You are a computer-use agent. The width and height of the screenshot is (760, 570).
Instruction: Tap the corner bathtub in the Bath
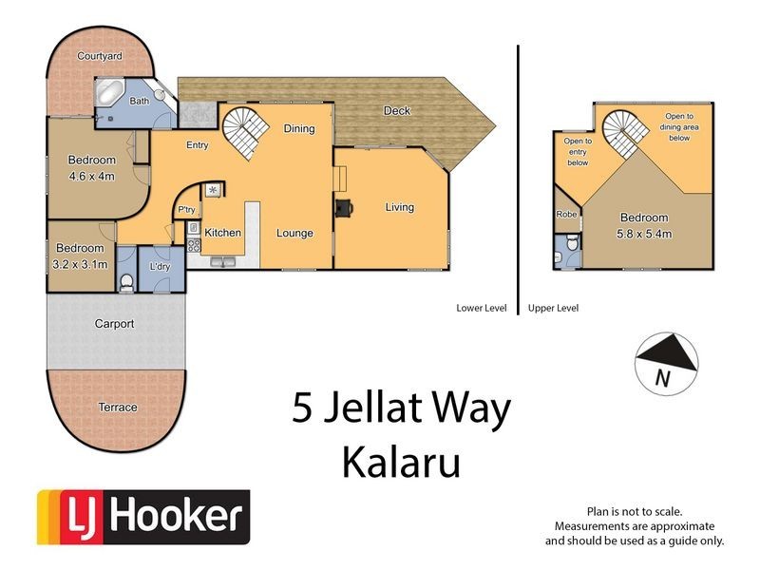click(109, 95)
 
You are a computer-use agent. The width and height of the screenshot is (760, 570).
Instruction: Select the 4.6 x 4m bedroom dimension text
click(92, 175)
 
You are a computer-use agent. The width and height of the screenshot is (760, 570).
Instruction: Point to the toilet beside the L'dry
click(126, 281)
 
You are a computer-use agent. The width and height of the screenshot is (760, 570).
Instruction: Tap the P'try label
click(186, 210)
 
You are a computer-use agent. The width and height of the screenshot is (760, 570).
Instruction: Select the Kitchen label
click(222, 233)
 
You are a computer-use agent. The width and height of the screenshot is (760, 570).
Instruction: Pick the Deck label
click(397, 111)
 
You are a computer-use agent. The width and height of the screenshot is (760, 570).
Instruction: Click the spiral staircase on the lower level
click(245, 132)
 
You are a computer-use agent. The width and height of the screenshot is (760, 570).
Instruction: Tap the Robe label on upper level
click(567, 216)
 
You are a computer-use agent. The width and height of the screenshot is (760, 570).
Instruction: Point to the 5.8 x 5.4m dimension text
click(644, 232)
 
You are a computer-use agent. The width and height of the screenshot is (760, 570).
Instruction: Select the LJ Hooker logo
click(142, 517)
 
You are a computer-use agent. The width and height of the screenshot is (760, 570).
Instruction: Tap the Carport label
click(114, 324)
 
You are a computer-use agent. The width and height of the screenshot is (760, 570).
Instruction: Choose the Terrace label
click(118, 408)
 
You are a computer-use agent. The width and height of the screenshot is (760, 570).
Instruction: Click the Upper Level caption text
click(554, 308)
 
